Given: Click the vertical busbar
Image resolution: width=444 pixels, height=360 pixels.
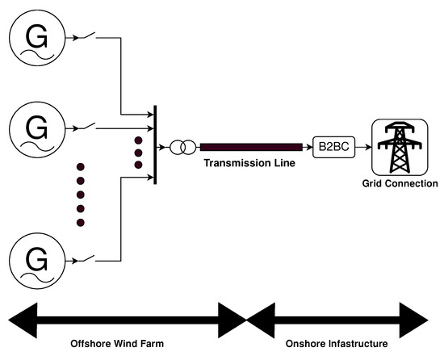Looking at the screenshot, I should coord(154,147).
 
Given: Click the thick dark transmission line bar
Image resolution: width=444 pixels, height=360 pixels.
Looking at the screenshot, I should coord(251,147).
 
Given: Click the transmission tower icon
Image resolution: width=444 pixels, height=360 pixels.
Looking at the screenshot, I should coord(399,148).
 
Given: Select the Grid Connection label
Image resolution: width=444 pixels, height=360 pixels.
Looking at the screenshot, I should coord(399,184).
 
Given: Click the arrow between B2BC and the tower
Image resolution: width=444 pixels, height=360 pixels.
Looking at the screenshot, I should coord(360,148).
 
